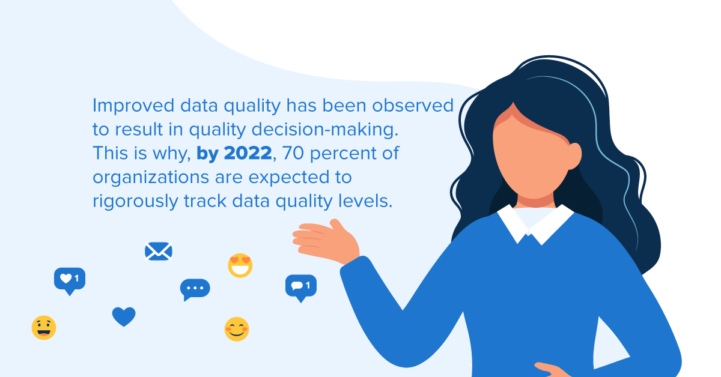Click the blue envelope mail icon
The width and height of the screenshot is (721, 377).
159,251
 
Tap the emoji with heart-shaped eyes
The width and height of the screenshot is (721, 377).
240,265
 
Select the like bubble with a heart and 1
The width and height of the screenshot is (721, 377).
70,279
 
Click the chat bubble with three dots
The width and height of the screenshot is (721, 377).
195,289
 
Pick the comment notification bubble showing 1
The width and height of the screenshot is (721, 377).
300,286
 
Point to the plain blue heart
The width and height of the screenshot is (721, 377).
124,316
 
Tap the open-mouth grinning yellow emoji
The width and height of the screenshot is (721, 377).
44,328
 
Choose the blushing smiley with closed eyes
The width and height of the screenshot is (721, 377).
237,329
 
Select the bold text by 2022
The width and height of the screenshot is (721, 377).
234,154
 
